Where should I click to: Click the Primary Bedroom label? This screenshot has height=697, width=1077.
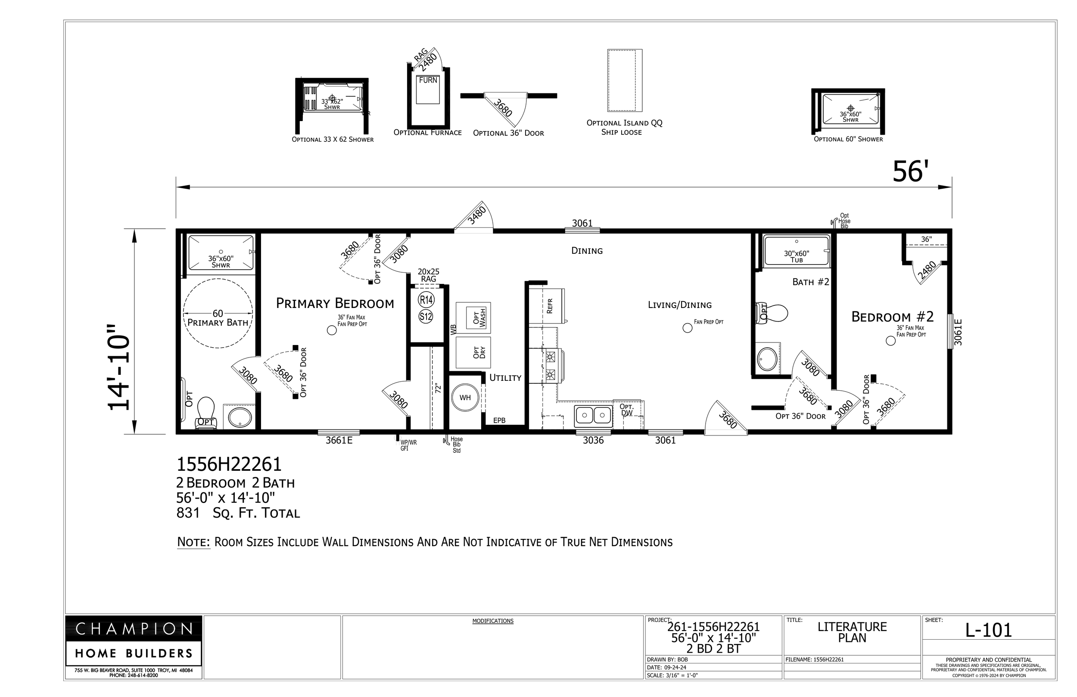[x=335, y=303]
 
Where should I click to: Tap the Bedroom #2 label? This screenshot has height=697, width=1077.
[x=892, y=317]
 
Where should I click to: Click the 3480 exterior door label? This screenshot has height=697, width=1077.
[x=477, y=215]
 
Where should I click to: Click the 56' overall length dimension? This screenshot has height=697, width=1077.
[x=910, y=172]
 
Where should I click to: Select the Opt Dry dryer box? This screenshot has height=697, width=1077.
[x=473, y=352]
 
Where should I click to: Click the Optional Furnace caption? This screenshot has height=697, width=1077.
[x=427, y=133]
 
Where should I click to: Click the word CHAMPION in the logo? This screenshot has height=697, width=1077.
[x=134, y=629]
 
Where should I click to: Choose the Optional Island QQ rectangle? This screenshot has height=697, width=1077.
[x=625, y=81]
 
